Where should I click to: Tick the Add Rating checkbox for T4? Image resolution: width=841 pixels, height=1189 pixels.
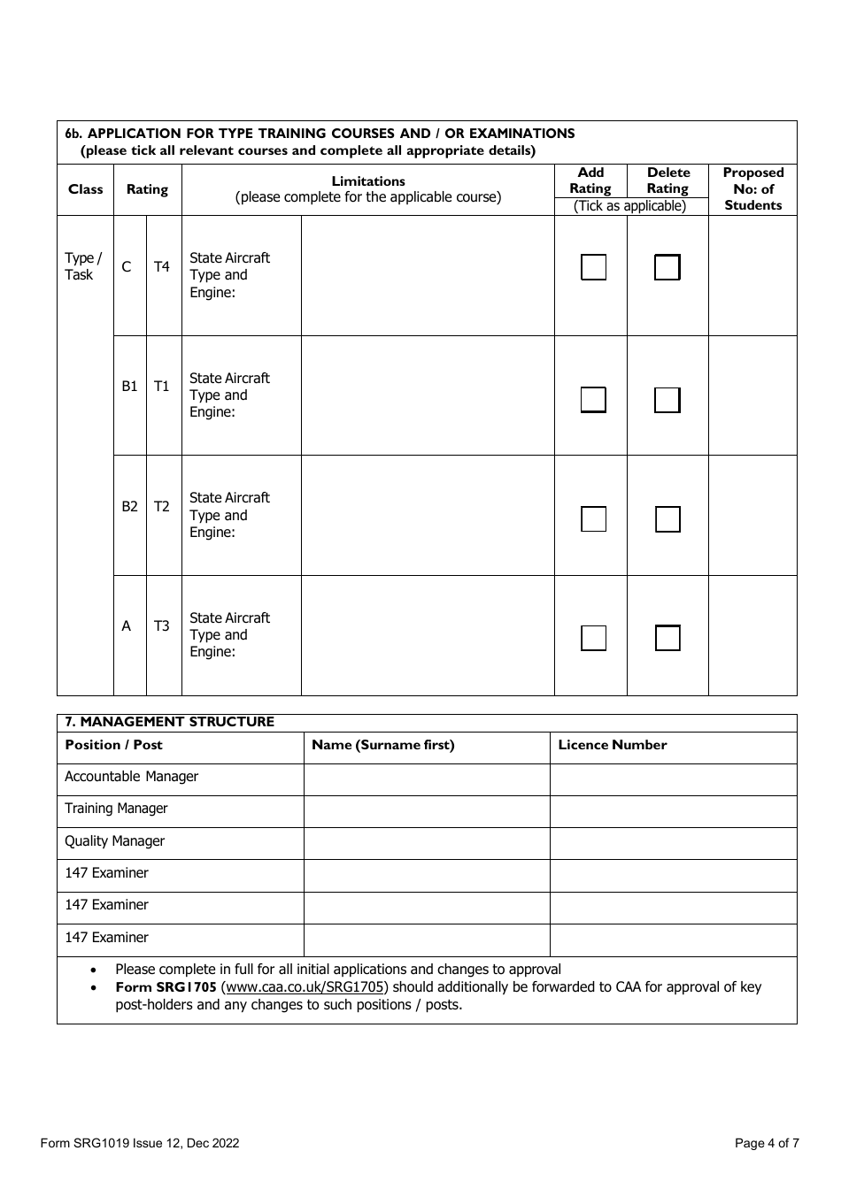(x=593, y=267)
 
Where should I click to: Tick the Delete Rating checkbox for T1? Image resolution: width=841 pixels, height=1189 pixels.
(x=667, y=400)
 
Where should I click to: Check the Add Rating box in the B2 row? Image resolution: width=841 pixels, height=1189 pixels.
(x=593, y=519)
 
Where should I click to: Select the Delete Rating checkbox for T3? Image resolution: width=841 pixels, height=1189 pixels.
(x=667, y=638)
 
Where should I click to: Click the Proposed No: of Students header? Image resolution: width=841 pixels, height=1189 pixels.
(x=752, y=189)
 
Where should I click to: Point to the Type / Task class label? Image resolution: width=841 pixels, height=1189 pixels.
(x=83, y=266)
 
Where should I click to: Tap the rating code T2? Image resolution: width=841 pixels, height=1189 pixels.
(x=161, y=506)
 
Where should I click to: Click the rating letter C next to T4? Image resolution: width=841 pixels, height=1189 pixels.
(x=127, y=266)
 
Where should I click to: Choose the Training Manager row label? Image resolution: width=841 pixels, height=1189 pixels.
(x=116, y=809)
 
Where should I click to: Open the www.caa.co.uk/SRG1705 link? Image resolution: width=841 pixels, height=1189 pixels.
(x=305, y=987)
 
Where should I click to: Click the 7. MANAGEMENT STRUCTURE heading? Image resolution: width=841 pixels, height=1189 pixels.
(x=170, y=722)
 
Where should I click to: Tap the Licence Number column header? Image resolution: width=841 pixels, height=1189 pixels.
(x=612, y=745)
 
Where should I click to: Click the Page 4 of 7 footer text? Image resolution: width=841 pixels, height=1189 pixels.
(x=767, y=1143)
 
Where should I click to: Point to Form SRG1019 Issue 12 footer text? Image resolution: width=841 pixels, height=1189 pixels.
(x=139, y=1143)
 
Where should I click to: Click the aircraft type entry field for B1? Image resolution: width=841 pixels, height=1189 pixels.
(x=428, y=395)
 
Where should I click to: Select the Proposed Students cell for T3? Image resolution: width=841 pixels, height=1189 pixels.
(x=752, y=635)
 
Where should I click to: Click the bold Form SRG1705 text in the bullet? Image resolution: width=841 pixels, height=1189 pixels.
(x=166, y=987)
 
